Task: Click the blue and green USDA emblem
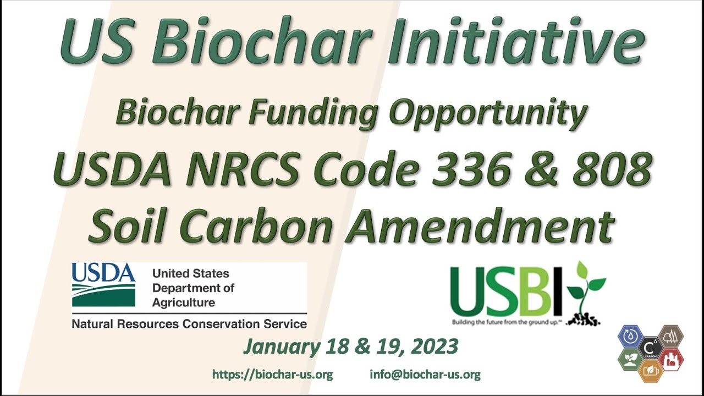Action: click(103, 285)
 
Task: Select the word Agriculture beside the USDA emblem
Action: click(184, 302)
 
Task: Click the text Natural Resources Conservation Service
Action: click(189, 324)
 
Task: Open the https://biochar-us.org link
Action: click(272, 375)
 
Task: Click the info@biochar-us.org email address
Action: click(425, 375)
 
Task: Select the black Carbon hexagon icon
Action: click(651, 348)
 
